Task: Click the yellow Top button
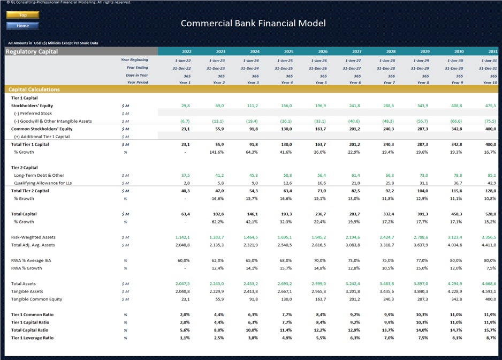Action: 22,15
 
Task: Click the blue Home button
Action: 22,26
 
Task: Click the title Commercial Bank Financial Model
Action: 253,23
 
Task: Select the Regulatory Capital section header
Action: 32,51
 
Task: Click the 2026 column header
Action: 322,52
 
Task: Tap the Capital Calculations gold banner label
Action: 33,89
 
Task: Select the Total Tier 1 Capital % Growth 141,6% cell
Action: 217,152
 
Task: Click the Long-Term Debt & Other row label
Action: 39,175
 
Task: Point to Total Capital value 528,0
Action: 490,214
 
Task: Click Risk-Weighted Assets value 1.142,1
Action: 182,237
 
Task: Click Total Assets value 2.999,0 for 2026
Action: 319,284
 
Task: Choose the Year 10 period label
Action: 490,83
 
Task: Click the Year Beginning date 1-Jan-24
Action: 250,61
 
